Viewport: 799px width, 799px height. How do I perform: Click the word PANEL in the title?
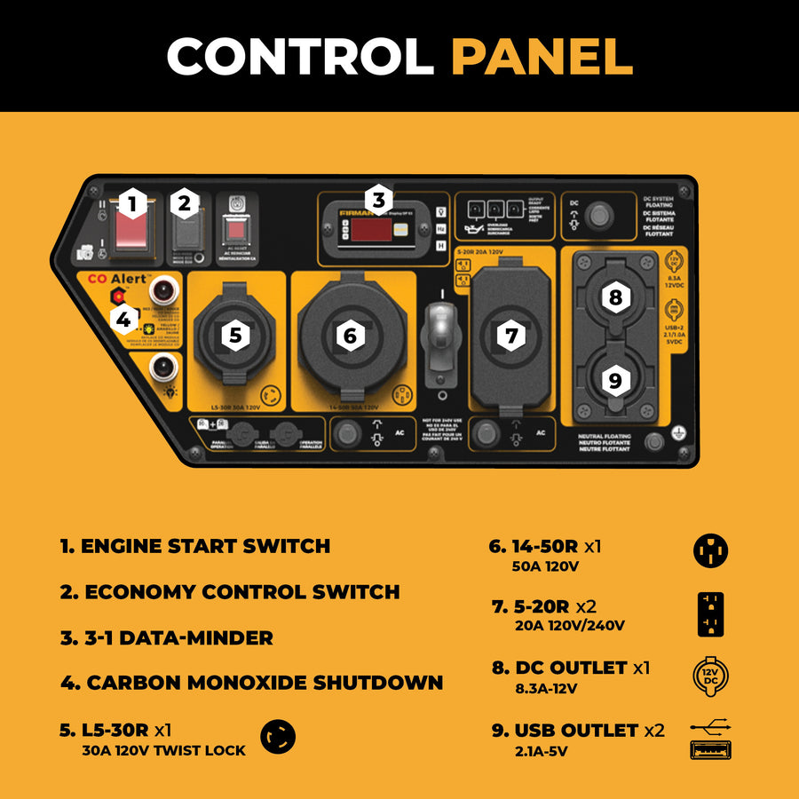542,57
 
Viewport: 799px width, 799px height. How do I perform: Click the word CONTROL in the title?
300,57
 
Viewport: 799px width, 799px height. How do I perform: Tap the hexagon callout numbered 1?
132,205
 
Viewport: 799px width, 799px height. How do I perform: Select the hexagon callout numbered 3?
379,201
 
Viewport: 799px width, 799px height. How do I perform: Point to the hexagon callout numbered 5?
234,335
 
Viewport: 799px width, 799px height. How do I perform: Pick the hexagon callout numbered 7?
511,336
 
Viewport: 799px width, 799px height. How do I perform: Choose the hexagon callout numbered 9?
615,379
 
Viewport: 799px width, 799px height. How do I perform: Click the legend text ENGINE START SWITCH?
195,546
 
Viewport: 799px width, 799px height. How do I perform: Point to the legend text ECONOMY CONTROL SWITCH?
230,592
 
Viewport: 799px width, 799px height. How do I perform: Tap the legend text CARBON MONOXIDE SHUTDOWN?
252,683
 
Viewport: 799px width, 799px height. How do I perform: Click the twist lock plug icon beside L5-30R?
278,737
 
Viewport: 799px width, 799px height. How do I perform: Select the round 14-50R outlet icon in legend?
710,551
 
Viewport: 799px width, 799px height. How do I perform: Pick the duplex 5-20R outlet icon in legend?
710,614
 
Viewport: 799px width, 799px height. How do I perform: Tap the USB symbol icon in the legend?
710,740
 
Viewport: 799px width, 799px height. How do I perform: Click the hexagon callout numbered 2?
185,204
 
